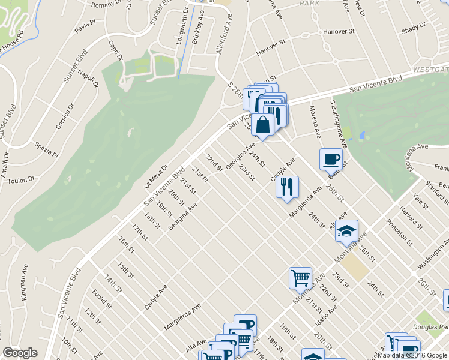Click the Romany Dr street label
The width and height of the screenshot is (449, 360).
pyautogui.click(x=107, y=5)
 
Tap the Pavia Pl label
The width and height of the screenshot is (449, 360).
pyautogui.click(x=86, y=26)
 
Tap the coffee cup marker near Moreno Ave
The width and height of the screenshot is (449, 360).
pyautogui.click(x=331, y=160)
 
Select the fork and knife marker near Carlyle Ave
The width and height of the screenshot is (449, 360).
pyautogui.click(x=288, y=187)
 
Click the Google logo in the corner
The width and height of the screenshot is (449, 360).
pyautogui.click(x=20, y=353)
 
